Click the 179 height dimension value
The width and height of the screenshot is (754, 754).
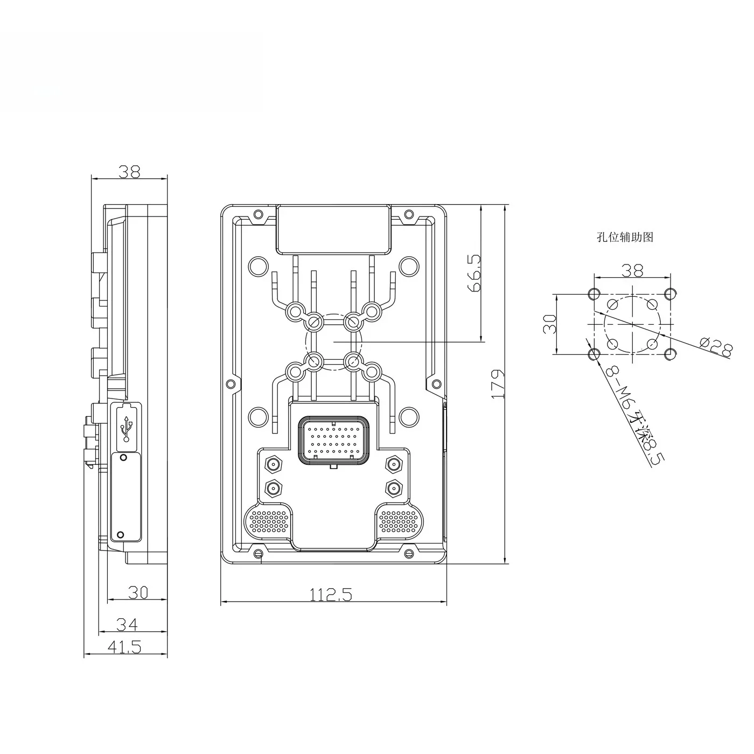[x=497, y=383]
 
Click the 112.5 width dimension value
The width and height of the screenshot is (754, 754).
[x=331, y=595]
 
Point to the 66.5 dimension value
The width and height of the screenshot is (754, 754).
[x=474, y=273]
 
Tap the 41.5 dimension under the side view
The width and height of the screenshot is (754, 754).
[x=124, y=647]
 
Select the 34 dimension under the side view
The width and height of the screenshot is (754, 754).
[x=128, y=624]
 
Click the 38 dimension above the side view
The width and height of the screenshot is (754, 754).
[x=129, y=171]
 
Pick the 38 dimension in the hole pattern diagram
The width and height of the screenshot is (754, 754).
[x=632, y=270]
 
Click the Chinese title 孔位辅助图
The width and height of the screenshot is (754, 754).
[x=625, y=237]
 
